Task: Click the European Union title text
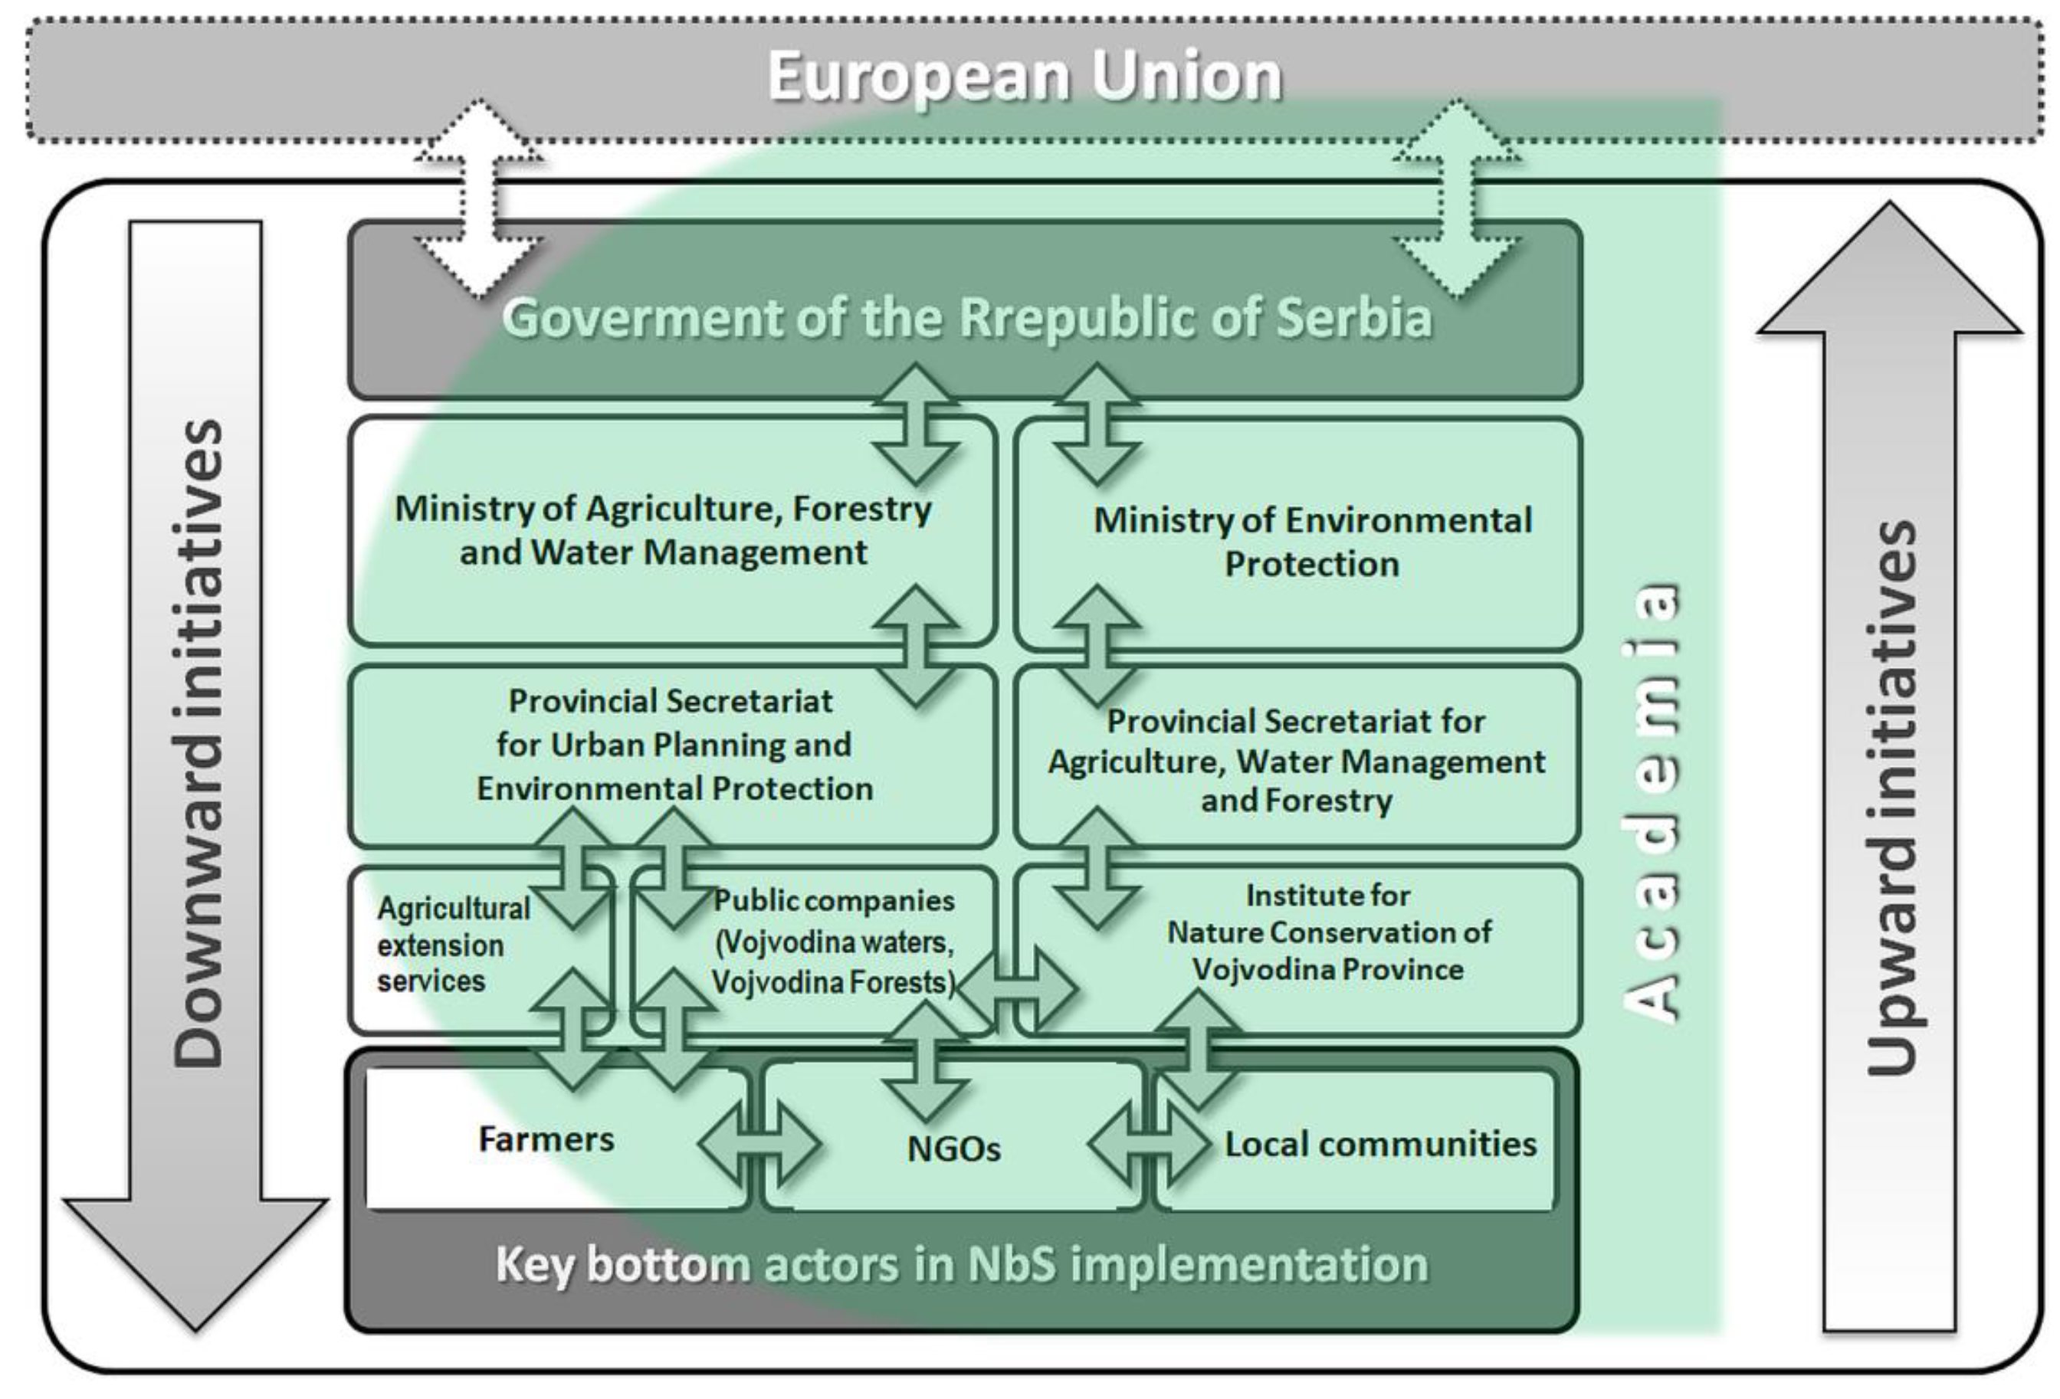coord(1025,77)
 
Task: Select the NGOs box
coord(954,1149)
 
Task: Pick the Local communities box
coord(1379,1144)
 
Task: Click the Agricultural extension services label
coord(452,945)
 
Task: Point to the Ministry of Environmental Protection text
coord(1312,542)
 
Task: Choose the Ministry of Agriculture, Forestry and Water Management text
coord(663,530)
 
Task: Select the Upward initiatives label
coord(1891,798)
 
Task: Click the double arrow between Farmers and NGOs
coord(759,1144)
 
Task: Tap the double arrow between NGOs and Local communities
coord(1149,1144)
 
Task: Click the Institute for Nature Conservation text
coord(1328,932)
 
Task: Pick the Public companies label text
coord(834,941)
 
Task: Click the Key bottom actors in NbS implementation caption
coord(962,1264)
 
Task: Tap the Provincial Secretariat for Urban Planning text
coord(674,744)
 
